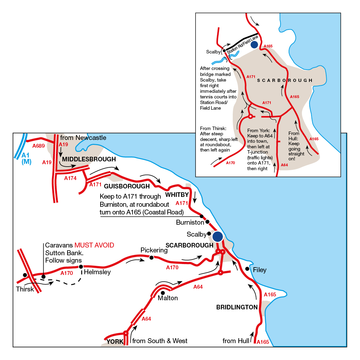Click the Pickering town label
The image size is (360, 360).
154,250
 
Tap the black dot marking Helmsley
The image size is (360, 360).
81,266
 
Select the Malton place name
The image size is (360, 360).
168,298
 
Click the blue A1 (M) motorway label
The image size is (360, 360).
26,158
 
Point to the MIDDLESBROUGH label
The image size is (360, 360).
89,159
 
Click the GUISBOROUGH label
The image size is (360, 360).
127,186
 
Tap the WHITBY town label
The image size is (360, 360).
177,194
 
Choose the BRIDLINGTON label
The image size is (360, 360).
237,307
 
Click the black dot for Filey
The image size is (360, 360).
247,269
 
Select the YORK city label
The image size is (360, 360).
115,342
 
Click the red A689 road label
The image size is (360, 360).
38,146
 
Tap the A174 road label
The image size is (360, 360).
70,178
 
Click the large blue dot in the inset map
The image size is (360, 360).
254,44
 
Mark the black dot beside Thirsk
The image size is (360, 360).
25,275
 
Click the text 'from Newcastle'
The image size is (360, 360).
83,138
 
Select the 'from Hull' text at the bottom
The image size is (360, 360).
236,341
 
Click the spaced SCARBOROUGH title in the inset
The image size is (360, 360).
285,81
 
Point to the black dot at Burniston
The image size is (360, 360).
207,221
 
